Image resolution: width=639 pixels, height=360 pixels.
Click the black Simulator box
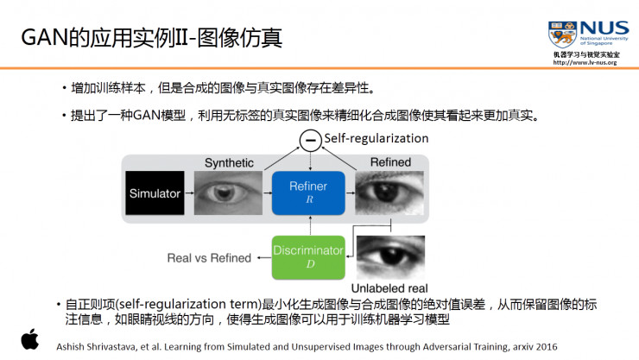(155, 193)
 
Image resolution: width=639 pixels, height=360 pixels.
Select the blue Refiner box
(308, 193)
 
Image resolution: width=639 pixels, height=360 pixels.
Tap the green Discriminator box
(308, 257)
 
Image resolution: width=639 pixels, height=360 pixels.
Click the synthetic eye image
(228, 193)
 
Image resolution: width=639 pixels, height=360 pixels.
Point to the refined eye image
(389, 193)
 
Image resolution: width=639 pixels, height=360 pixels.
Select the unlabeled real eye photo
(390, 257)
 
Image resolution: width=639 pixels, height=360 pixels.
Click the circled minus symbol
(311, 140)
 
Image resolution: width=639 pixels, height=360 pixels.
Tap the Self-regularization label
(376, 138)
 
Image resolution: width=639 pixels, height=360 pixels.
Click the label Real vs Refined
(209, 258)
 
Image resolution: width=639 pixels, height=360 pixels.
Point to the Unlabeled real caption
(389, 288)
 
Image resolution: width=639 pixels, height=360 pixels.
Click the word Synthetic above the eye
(229, 163)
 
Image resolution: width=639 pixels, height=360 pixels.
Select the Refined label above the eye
(390, 162)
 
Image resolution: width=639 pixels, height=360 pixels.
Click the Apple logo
(30, 339)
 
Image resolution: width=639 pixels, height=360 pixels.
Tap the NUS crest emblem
(562, 35)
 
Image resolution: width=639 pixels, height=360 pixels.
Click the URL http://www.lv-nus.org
(585, 63)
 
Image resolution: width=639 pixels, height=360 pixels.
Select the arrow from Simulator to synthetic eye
(189, 193)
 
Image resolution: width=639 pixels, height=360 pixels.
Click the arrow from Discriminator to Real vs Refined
(264, 257)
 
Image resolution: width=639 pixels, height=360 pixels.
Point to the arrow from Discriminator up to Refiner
(311, 225)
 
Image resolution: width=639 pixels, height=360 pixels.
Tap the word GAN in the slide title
(44, 37)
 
